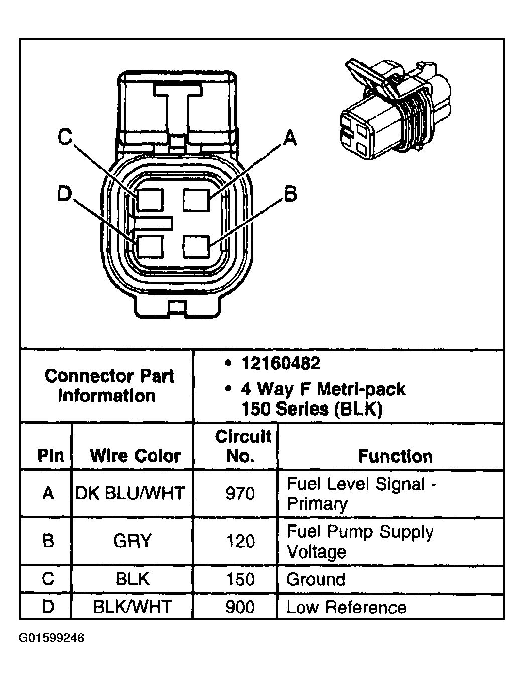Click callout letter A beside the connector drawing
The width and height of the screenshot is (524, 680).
(x=289, y=137)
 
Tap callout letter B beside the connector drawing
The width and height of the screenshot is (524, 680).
(x=290, y=194)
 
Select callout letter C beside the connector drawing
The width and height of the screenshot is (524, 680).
(x=65, y=137)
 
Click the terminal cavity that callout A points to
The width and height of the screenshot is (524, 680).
(x=196, y=199)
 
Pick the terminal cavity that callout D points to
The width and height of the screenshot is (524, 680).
(x=150, y=247)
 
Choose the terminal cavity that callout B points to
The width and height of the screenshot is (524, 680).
(x=196, y=247)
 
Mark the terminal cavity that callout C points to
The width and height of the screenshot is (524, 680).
(x=150, y=200)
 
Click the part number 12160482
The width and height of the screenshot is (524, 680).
(x=281, y=363)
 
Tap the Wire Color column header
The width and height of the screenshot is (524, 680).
(x=135, y=456)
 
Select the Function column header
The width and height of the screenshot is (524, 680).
(x=395, y=456)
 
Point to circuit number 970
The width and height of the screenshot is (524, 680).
(x=240, y=494)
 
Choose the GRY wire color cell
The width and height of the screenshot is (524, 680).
(x=133, y=541)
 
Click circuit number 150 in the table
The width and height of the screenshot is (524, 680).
(x=240, y=579)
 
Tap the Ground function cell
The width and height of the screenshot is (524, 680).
(x=316, y=579)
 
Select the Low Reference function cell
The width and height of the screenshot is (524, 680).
(x=346, y=607)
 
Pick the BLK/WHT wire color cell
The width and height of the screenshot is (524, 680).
(x=133, y=607)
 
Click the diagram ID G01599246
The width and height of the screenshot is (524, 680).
(x=52, y=638)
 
